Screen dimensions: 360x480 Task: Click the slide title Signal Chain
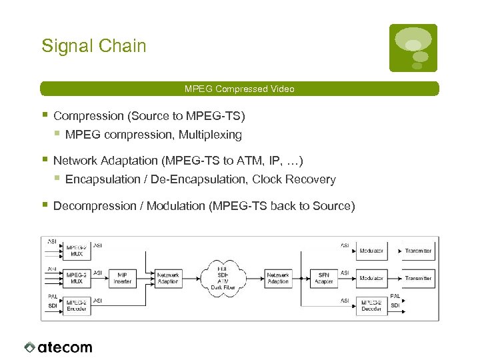tap(93, 46)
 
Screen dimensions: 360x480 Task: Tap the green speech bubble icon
tap(413, 47)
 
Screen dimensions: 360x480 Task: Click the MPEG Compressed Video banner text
tap(239, 89)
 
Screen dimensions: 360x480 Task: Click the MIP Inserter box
tap(123, 278)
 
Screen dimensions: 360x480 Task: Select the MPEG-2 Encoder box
tap(76, 305)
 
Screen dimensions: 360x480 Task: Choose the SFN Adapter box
tap(324, 278)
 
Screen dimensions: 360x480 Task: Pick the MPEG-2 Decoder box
tap(371, 305)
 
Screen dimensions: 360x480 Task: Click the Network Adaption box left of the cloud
tap(167, 278)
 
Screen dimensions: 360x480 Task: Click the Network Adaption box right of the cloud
tap(278, 278)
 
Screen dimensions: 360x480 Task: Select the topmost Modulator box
tap(371, 251)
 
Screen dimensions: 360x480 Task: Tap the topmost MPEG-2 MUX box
tap(76, 251)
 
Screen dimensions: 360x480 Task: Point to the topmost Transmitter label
tap(418, 251)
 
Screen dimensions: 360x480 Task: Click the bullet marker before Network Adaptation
tap(44, 160)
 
